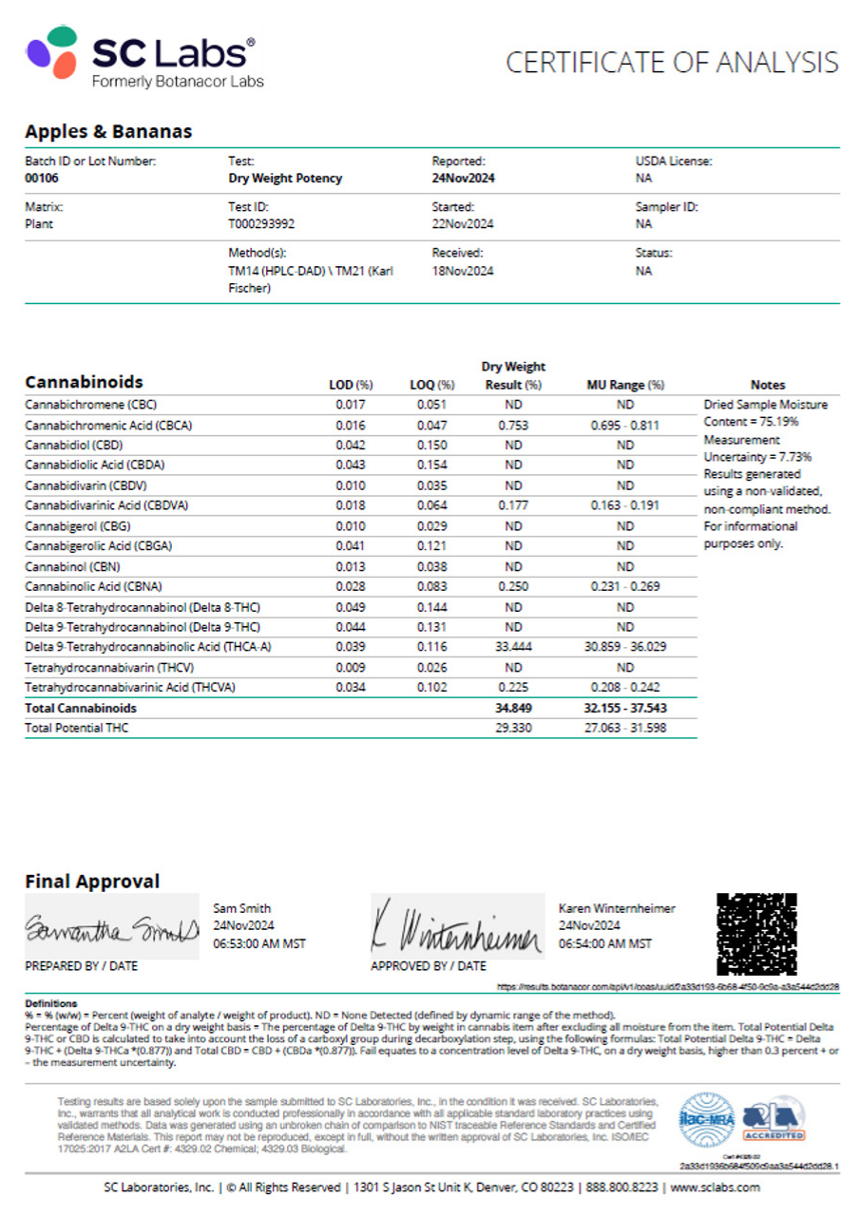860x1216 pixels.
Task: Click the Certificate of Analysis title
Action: coord(671,63)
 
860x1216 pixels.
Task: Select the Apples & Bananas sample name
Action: coord(108,132)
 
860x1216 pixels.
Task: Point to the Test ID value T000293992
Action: coord(262,224)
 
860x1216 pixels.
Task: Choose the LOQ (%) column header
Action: coord(432,385)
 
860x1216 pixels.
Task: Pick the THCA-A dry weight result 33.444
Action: coord(513,647)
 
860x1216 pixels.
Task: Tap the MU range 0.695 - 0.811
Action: coord(624,425)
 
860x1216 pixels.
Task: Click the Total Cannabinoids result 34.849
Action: coord(513,708)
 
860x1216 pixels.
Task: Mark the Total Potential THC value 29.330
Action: coord(513,728)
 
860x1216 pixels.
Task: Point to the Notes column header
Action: coord(768,385)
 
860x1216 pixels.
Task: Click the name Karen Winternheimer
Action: coord(617,908)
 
